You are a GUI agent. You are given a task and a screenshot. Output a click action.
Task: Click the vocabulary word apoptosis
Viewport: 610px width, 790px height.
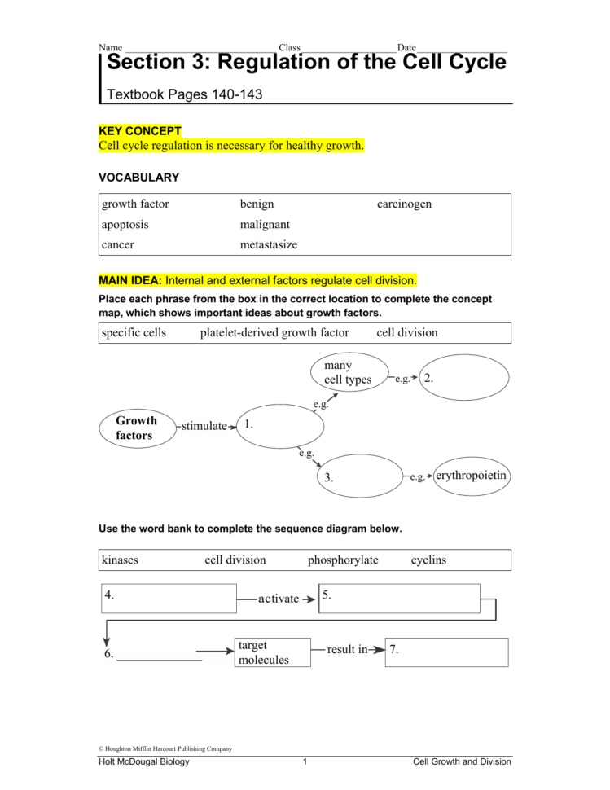click(x=125, y=224)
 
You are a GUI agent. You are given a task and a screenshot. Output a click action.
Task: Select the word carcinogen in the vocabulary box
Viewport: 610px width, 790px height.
click(x=404, y=204)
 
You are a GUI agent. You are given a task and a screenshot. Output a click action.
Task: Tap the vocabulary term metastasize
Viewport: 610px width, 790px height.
click(x=269, y=244)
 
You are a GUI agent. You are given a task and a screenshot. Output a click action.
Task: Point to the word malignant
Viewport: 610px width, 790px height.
click(x=265, y=224)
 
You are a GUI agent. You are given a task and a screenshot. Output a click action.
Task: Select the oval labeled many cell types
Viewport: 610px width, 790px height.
click(x=349, y=372)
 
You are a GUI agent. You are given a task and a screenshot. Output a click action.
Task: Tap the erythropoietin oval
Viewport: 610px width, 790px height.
click(x=472, y=475)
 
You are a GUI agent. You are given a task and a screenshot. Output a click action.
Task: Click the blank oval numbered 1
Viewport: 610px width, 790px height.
click(x=281, y=426)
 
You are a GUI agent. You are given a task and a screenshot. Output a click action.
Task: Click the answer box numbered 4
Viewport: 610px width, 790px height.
click(x=169, y=598)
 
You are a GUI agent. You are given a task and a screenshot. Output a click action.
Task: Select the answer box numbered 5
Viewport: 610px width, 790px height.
click(x=398, y=598)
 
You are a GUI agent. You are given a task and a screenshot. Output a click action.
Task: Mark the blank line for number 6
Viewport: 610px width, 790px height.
click(x=160, y=653)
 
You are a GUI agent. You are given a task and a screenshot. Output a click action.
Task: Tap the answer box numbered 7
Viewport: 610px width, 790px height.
click(x=446, y=652)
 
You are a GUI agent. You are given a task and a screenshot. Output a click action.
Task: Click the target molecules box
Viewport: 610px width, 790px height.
click(x=273, y=652)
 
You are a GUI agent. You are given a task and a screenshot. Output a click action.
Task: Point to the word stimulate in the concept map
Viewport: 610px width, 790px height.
click(x=204, y=425)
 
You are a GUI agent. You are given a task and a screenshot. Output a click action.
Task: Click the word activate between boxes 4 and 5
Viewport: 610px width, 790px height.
click(x=279, y=599)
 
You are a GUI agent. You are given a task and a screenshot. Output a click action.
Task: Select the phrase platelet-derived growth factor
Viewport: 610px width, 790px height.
click(x=274, y=332)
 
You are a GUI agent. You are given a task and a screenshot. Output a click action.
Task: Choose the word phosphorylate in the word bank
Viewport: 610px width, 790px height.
click(x=343, y=560)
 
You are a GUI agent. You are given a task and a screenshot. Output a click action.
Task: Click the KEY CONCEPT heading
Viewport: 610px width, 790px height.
click(x=140, y=131)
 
